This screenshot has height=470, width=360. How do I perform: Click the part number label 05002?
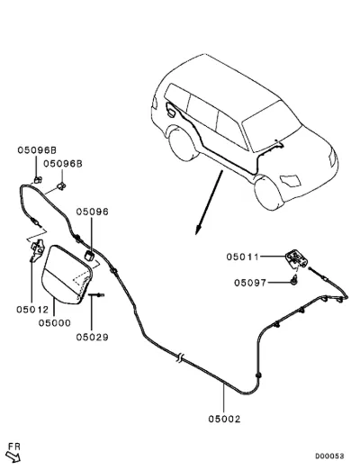[x=224, y=419]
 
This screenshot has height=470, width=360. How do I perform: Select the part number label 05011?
[x=242, y=257]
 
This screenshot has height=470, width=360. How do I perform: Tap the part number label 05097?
[x=250, y=283]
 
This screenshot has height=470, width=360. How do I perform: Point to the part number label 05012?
[x=32, y=309]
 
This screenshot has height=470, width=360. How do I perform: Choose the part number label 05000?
[x=55, y=323]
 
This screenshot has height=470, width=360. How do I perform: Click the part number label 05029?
[x=92, y=337]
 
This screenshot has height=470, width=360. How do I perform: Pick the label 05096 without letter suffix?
[x=92, y=212]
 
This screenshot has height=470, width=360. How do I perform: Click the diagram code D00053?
[x=329, y=456]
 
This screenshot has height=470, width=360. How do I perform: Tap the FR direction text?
[x=14, y=447]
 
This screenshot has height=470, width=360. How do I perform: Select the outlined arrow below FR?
[x=13, y=457]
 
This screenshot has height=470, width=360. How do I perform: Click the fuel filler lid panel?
[x=66, y=275]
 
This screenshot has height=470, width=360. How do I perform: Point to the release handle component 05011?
[x=296, y=258]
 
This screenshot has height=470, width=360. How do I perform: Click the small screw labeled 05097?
[x=294, y=280]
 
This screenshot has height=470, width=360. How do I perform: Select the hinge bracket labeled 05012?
[x=37, y=249]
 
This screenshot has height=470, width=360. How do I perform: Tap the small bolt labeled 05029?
[x=96, y=295]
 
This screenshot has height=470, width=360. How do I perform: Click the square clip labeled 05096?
[x=89, y=256]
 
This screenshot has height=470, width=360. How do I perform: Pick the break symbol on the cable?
[x=179, y=357]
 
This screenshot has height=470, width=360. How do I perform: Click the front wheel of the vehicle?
[x=268, y=192]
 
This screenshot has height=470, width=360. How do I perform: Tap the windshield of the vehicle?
[x=272, y=126]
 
